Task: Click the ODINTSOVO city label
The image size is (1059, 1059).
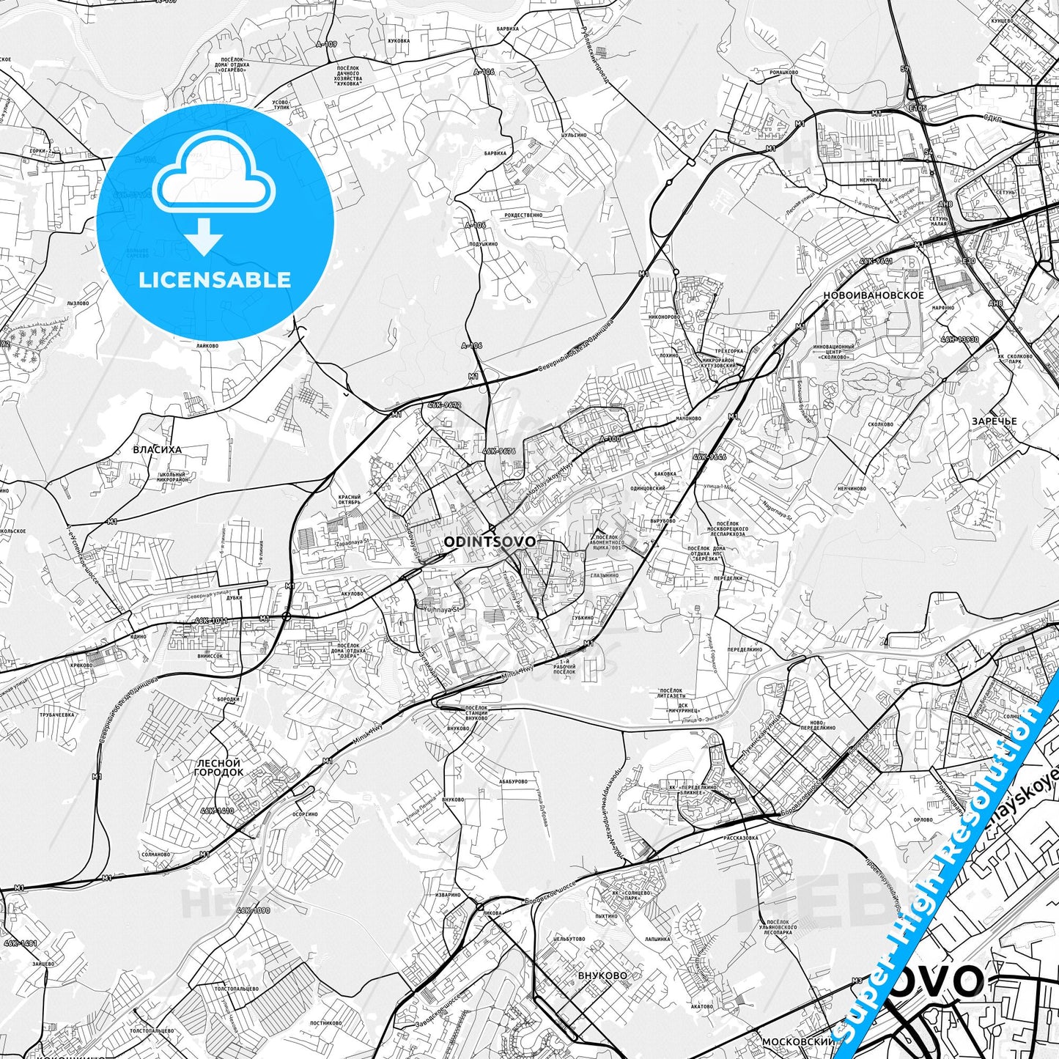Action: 489,542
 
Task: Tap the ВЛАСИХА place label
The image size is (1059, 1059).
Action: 157,450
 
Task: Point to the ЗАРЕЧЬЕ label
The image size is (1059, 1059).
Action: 994,421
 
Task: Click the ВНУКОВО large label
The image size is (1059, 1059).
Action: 602,975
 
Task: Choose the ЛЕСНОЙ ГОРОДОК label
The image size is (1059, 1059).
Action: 218,767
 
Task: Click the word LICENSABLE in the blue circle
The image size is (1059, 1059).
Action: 215,279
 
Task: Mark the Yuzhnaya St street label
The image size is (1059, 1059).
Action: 441,608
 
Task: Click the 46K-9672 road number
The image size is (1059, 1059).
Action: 445,405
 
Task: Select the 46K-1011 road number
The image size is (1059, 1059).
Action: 212,620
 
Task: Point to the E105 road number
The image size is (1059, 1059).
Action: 917,108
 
